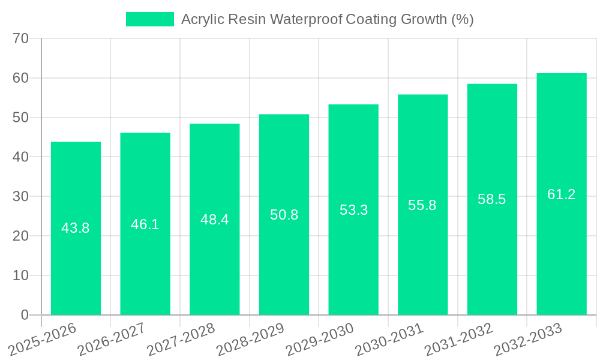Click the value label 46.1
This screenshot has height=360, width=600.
coord(145,224)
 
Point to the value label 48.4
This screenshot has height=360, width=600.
coord(214,220)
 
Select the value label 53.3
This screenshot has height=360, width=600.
coord(353,210)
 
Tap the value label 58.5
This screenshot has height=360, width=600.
coord(492,199)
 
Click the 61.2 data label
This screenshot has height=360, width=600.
coord(562,194)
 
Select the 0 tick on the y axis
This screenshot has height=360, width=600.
coord(25,315)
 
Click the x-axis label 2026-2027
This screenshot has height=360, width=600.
coord(111,340)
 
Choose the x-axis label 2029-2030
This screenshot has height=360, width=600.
coord(319,340)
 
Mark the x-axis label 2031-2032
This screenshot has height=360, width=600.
coord(458,340)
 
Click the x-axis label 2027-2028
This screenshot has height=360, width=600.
coord(181,340)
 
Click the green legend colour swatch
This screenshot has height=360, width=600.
coord(149,19)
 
